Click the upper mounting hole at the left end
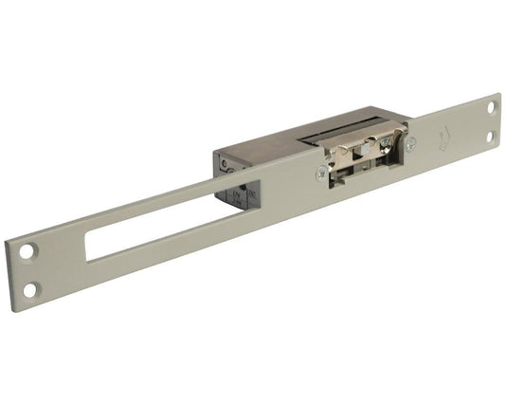[x=28, y=252]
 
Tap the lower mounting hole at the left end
[x=30, y=288]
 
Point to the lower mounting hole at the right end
[x=490, y=137]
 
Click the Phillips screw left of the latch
[x=323, y=172]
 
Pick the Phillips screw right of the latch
[x=410, y=144]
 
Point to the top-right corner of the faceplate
[x=497, y=94]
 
